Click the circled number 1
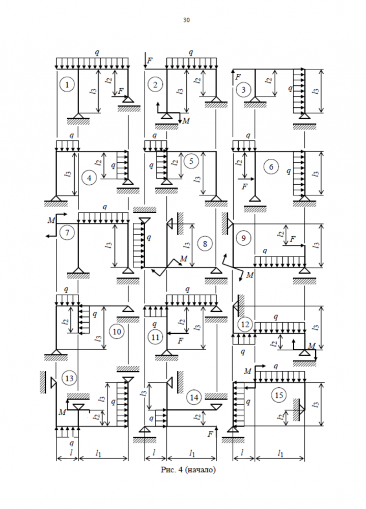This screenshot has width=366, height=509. click(x=67, y=84)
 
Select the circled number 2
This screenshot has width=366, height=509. click(x=155, y=84)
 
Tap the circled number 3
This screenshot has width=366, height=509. click(x=243, y=90)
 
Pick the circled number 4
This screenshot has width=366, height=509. click(x=89, y=178)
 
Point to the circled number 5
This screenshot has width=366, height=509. click(x=191, y=161)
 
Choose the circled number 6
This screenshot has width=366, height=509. click(x=271, y=167)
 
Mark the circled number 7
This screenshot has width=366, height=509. click(x=67, y=233)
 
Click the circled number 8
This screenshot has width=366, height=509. click(x=205, y=243)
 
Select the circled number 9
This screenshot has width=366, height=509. click(x=243, y=238)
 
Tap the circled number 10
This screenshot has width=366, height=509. click(x=117, y=331)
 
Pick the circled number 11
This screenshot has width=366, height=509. click(x=155, y=337)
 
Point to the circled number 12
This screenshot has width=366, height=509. click(x=245, y=324)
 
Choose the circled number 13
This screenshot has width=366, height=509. click(x=69, y=379)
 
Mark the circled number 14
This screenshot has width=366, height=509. click(x=194, y=398)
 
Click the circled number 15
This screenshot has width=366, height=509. click(x=279, y=395)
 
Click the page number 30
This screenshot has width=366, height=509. click(x=186, y=20)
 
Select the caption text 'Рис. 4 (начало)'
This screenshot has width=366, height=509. click(x=188, y=470)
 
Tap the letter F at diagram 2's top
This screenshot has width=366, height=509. click(x=150, y=61)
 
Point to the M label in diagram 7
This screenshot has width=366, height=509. click(x=51, y=220)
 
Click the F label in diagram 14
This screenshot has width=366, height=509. click(x=210, y=434)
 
